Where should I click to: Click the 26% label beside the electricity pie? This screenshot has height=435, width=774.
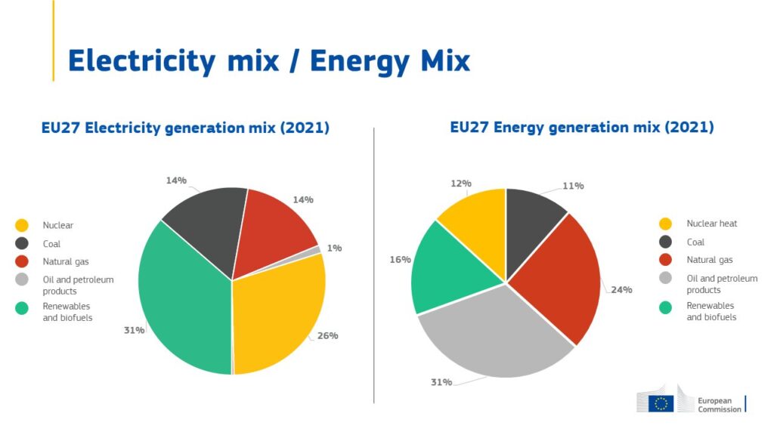(327, 335)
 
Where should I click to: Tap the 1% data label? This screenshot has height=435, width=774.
(334, 248)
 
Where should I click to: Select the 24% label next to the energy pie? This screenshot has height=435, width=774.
(621, 289)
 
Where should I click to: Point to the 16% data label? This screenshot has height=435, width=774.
(400, 259)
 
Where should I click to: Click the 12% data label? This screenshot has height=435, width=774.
(461, 183)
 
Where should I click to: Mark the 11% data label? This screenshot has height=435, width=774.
(573, 186)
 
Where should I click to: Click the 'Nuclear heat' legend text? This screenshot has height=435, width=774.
(711, 224)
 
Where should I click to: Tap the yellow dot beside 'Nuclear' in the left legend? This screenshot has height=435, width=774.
(22, 225)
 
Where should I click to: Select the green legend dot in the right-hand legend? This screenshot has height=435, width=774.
(666, 307)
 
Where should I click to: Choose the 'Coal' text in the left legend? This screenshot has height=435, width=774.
(51, 244)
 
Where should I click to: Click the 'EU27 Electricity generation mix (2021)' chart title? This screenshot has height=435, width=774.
(185, 128)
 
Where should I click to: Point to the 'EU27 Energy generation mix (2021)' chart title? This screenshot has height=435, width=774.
(581, 127)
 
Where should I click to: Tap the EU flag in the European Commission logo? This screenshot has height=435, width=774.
(663, 403)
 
